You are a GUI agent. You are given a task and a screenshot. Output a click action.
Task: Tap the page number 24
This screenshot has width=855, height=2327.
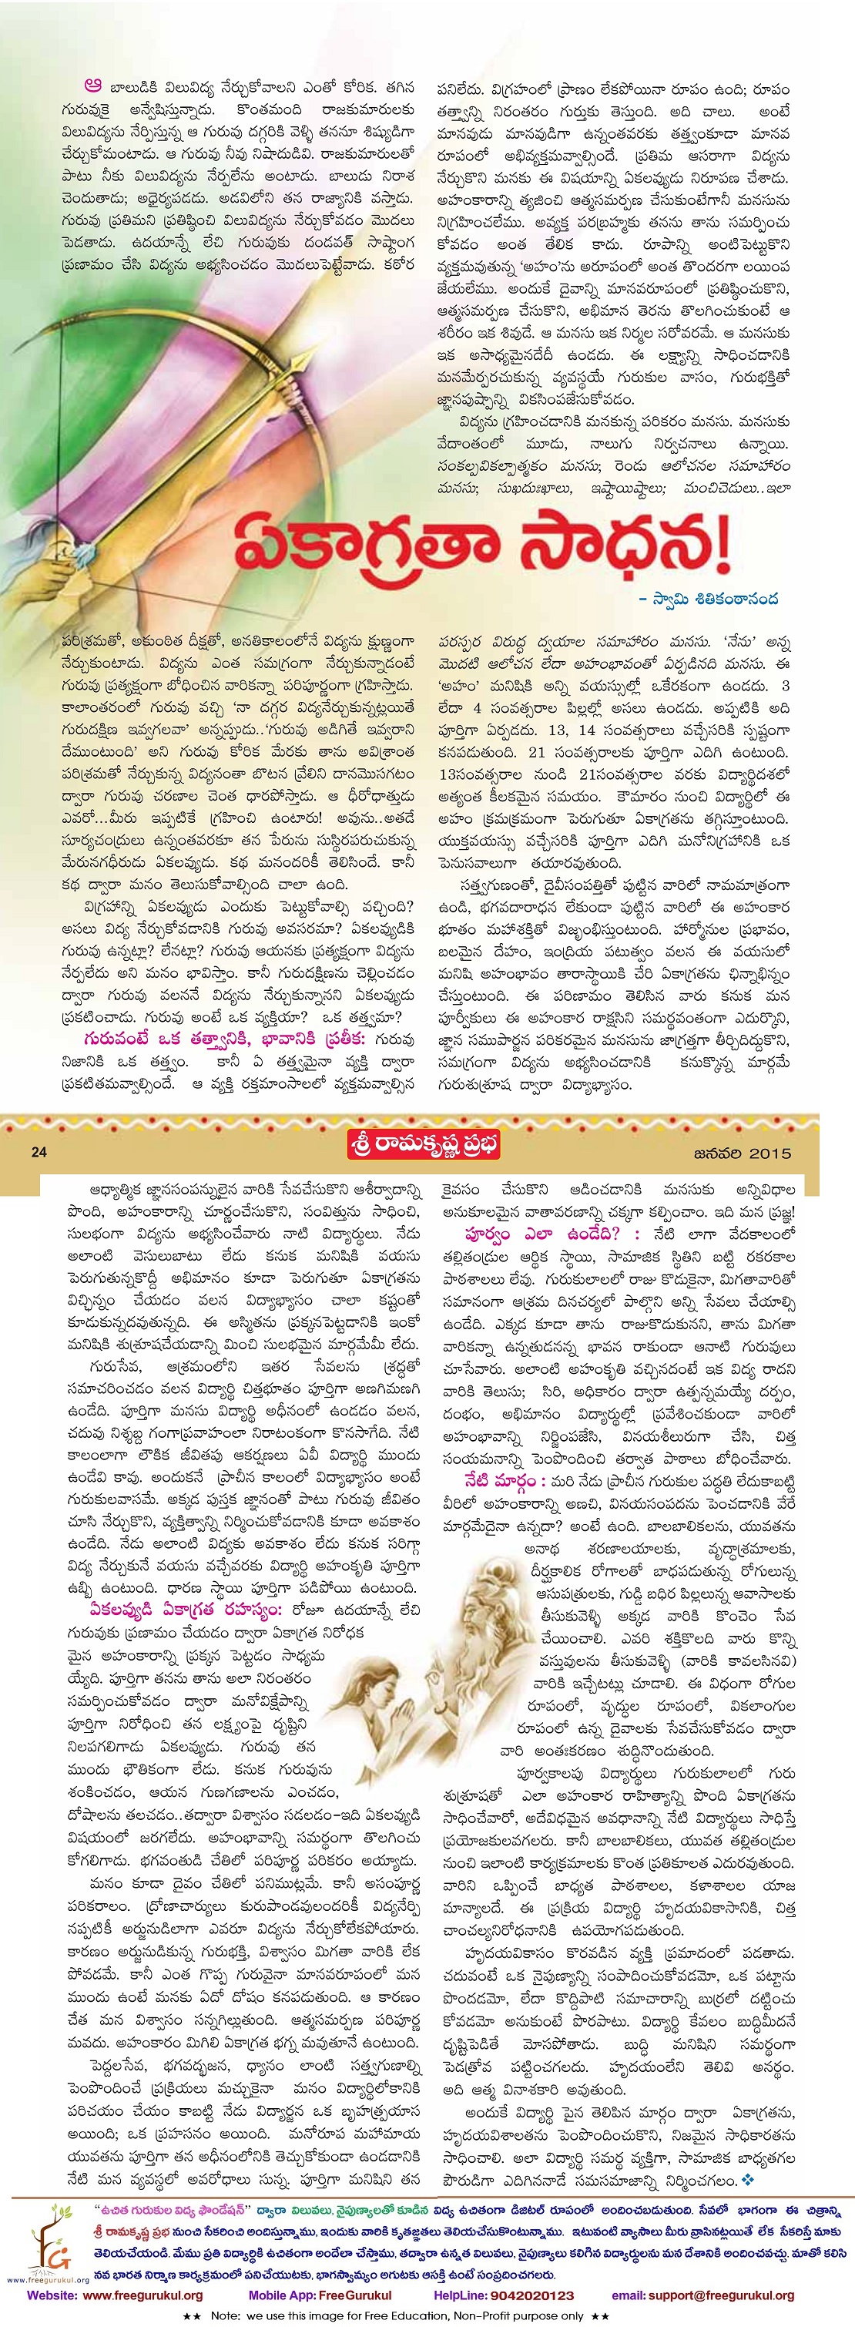click(38, 1152)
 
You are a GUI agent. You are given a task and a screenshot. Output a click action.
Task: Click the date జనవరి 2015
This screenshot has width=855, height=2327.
click(742, 1153)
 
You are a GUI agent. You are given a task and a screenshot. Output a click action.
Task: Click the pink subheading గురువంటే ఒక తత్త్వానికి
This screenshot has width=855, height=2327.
click(226, 1038)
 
